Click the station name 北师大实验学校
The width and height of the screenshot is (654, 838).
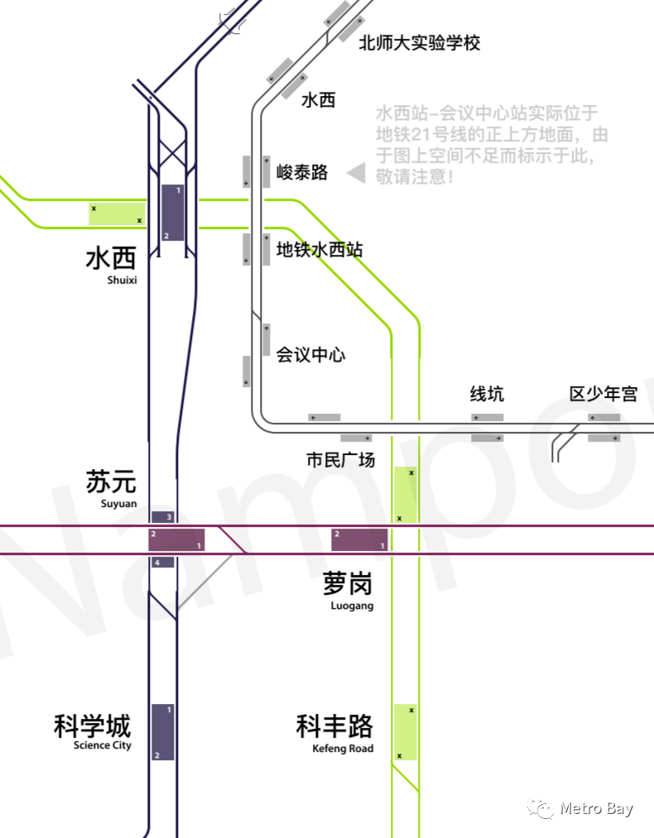point(419,43)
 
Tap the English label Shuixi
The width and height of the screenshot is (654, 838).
point(122,280)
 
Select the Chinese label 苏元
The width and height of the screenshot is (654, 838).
point(111,482)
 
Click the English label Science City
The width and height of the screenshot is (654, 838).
point(102,745)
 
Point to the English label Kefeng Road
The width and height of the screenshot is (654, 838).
point(343,749)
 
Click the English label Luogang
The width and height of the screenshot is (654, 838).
point(352,606)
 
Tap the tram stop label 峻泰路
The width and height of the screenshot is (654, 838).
point(302,172)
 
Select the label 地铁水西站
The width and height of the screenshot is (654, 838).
point(319,249)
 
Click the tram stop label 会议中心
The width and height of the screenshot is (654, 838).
point(310,355)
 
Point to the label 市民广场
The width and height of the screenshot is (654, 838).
point(340,460)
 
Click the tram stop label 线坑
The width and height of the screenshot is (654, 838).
point(487,394)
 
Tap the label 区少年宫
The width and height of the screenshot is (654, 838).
point(604,394)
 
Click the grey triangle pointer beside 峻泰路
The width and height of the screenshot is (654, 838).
point(356,173)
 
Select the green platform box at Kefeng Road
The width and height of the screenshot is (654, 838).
point(405,731)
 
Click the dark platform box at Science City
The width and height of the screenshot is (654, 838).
point(162,732)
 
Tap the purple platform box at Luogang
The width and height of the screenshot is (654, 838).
point(359,539)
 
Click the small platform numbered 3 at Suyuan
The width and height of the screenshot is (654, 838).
point(163,517)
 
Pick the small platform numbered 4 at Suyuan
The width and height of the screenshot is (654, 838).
point(163,563)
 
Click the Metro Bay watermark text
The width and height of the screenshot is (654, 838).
point(596,808)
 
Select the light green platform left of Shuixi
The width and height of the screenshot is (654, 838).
point(117,213)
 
